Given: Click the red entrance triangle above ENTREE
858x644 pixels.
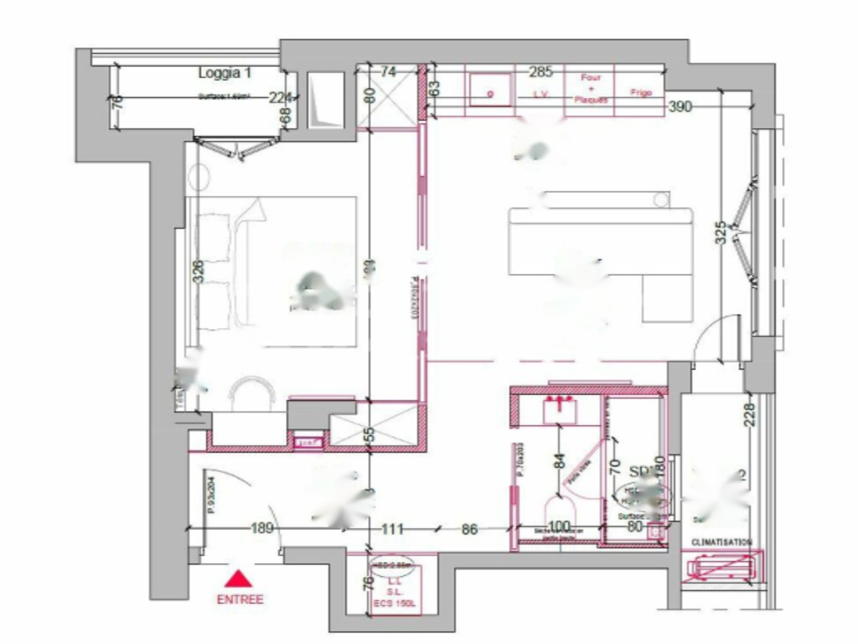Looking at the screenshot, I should pyautogui.click(x=240, y=578).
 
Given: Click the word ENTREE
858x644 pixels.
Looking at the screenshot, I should pyautogui.click(x=240, y=600).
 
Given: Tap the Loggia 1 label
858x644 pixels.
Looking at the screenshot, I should pyautogui.click(x=225, y=72).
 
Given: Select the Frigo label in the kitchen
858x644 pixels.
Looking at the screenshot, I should pyautogui.click(x=641, y=92).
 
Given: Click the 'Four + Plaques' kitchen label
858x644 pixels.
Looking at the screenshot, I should pyautogui.click(x=591, y=88).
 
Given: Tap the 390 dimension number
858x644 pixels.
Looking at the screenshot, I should pyautogui.click(x=680, y=106).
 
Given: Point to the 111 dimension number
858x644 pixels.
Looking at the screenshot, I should pyautogui.click(x=391, y=529).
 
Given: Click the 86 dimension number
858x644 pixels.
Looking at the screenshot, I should pyautogui.click(x=469, y=529).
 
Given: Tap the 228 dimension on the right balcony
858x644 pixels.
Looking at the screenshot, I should pyautogui.click(x=749, y=415).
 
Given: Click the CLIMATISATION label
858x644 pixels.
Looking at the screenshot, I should pyautogui.click(x=721, y=543).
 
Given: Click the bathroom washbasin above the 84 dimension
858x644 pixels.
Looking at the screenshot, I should pyautogui.click(x=557, y=408).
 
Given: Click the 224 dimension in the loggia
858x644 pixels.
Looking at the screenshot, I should pyautogui.click(x=280, y=97).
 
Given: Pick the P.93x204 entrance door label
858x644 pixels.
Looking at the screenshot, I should pyautogui.click(x=212, y=495).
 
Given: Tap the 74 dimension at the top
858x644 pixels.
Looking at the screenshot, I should pyautogui.click(x=388, y=72).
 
